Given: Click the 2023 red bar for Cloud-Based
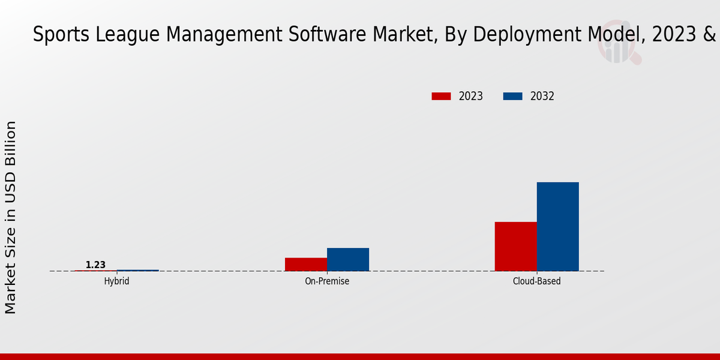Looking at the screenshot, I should click(515, 247).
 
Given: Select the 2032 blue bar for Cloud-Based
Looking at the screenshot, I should click(557, 226).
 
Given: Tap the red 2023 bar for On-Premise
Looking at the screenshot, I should click(306, 264).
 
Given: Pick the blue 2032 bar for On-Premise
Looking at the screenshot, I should click(348, 259).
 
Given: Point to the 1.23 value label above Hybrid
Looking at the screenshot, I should click(95, 265).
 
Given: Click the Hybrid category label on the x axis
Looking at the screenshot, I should click(116, 281).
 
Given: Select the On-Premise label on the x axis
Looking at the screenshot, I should click(327, 281).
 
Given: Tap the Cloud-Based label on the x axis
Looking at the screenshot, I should click(537, 281).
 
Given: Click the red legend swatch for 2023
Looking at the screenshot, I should click(441, 96).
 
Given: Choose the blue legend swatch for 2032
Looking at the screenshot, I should click(512, 96).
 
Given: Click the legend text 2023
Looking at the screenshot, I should click(471, 96).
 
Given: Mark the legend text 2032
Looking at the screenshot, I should click(542, 96).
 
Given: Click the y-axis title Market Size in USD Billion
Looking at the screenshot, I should click(11, 217).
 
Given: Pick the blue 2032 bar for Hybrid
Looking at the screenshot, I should click(138, 270).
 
